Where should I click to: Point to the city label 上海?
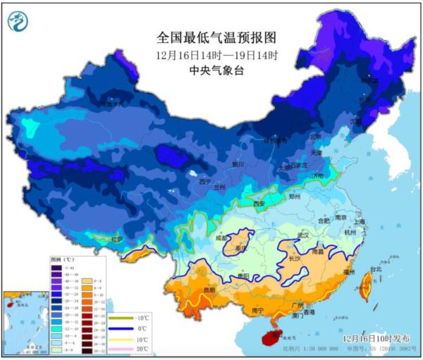click(x=360, y=221)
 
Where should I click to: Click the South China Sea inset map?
click(x=25, y=321)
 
